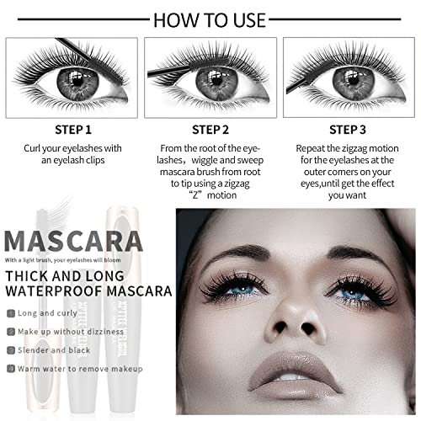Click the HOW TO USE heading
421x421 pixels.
tap(210, 19)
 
